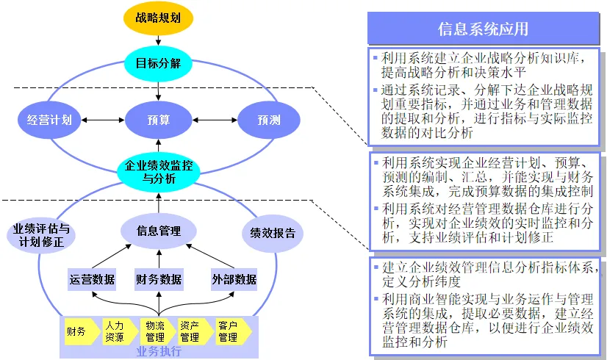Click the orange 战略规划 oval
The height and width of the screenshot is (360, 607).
click(159, 18)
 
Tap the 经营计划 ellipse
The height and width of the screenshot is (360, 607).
click(49, 120)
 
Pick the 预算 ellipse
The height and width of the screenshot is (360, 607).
click(159, 120)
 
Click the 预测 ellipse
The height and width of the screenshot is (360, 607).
click(268, 120)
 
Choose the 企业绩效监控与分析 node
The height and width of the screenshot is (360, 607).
click(159, 172)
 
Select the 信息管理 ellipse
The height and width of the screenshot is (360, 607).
click(159, 231)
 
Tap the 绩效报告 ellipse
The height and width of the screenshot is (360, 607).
click(273, 234)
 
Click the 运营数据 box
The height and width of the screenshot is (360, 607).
click(92, 279)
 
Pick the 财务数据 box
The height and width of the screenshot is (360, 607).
click(159, 279)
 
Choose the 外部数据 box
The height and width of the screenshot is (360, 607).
click(234, 279)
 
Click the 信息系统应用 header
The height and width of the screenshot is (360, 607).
click(483, 29)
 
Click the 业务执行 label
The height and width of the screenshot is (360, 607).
click(159, 351)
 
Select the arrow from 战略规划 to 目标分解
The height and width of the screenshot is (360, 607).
click(159, 42)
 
